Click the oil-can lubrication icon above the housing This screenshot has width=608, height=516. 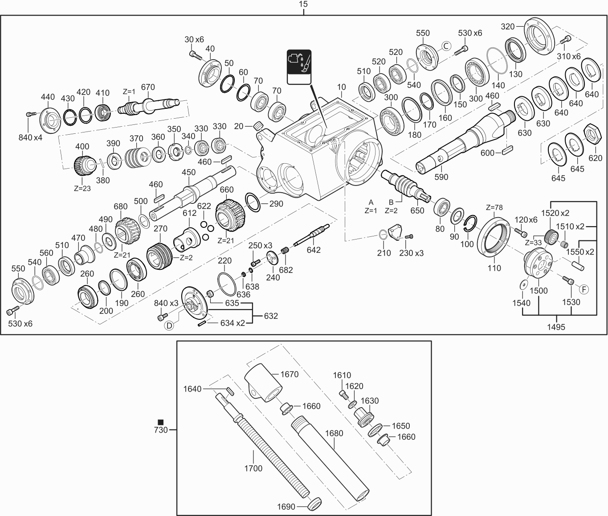pyautogui.click(x=299, y=66)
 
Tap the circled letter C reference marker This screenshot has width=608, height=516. pyautogui.click(x=446, y=45)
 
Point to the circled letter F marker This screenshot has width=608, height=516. pyautogui.click(x=584, y=289)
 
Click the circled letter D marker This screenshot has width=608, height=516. pyautogui.click(x=169, y=325)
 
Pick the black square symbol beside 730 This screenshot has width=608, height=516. pyautogui.click(x=161, y=422)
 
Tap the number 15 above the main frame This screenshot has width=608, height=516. pyautogui.click(x=303, y=4)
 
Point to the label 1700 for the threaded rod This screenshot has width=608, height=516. pyautogui.click(x=253, y=468)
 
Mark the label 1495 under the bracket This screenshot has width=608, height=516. pyautogui.click(x=556, y=327)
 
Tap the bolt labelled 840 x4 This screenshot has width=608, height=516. pyautogui.click(x=30, y=115)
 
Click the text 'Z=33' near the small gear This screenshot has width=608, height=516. pyautogui.click(x=533, y=243)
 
